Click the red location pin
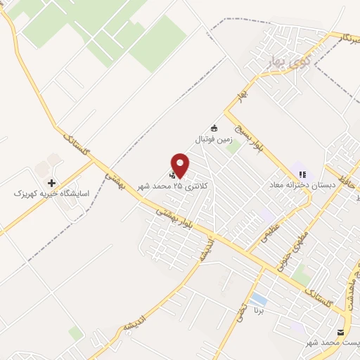pos(181,165)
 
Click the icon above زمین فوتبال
pos(214,129)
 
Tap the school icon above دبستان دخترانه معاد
pos(302,174)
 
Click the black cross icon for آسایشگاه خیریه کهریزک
pos(51,182)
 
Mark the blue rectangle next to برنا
pos(258,300)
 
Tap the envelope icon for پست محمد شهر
pos(342,332)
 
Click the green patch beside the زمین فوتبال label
pos(233,146)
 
